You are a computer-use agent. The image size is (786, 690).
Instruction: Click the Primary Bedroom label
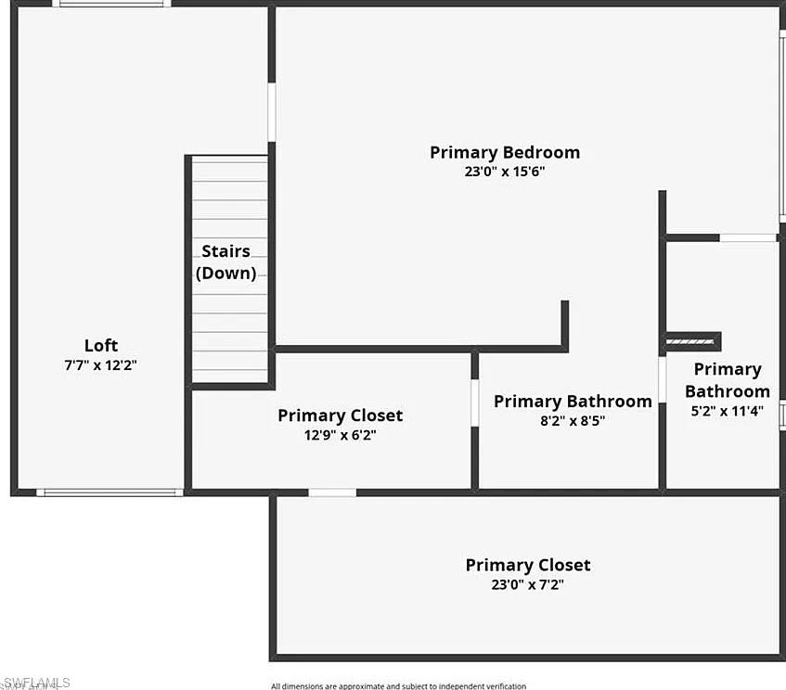point(504,152)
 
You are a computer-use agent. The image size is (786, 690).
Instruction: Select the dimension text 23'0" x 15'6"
point(504,172)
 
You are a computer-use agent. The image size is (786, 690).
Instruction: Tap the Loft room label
point(101,346)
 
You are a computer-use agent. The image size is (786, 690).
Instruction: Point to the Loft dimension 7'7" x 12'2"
point(101,365)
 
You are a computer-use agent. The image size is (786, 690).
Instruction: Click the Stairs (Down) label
point(225,262)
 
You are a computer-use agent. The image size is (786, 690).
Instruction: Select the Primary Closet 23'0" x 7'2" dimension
point(527,585)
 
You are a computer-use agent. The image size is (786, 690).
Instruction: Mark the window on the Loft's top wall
point(111,4)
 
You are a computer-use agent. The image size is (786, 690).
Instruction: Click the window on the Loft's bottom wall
point(110,492)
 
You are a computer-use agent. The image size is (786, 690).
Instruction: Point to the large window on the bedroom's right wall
point(781,125)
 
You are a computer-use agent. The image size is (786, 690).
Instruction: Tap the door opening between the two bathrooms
point(662,379)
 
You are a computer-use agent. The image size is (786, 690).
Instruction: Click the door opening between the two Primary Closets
point(332,492)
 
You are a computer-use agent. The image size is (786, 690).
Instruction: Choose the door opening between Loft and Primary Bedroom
point(271,112)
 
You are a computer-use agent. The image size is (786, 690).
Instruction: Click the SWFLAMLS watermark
point(35,683)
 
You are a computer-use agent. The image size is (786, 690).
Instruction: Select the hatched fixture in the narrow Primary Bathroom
point(690,342)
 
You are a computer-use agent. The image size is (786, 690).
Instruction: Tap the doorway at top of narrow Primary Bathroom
point(748,238)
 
